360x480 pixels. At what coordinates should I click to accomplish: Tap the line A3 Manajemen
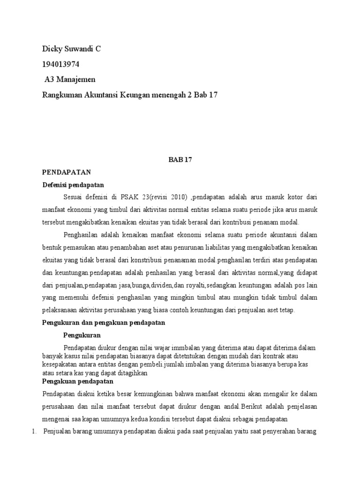70,79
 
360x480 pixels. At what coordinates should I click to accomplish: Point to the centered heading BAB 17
180,160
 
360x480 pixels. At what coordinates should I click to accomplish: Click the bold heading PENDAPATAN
66,172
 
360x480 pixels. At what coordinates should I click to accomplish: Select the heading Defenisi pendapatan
73,185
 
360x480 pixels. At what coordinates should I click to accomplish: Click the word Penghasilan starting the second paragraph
81,235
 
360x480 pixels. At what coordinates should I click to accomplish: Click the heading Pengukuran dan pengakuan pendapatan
103,323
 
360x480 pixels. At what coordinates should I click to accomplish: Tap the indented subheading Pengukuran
82,336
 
